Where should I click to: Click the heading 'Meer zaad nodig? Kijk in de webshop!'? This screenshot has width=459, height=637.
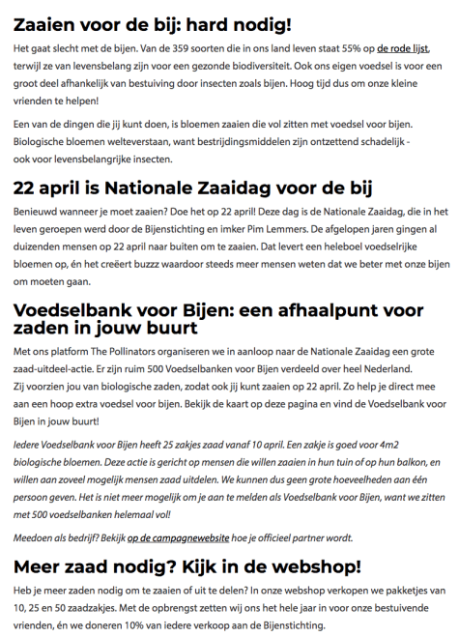click(187, 565)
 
